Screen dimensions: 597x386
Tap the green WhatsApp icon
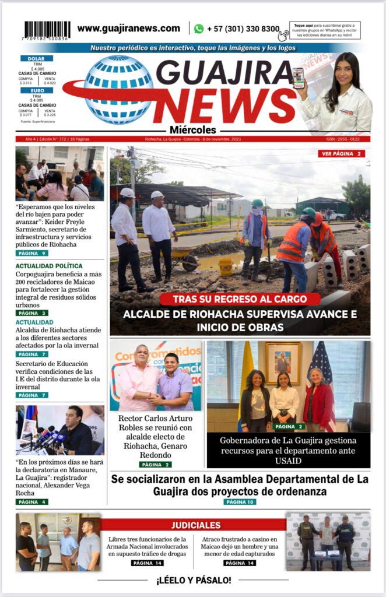(x=199, y=29)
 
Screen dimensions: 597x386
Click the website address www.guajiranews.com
(x=129, y=28)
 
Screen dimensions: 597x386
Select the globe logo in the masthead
(x=118, y=89)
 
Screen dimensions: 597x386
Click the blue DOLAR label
(x=37, y=58)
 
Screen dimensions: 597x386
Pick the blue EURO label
(x=37, y=90)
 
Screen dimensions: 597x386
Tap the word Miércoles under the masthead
(x=194, y=130)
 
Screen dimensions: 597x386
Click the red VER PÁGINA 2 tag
(x=342, y=154)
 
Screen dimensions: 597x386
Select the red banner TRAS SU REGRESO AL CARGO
(x=240, y=299)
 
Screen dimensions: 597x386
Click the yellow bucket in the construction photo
(x=226, y=266)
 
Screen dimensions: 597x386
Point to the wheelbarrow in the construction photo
(x=184, y=258)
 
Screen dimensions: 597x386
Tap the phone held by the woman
(x=299, y=78)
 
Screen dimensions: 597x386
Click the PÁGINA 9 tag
(x=31, y=253)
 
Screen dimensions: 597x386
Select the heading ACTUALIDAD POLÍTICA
(x=49, y=266)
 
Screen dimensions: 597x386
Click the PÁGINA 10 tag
(x=240, y=501)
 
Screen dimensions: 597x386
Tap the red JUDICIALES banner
(x=196, y=525)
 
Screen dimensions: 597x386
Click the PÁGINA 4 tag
(x=31, y=501)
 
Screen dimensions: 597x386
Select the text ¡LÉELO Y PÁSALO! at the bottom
(x=193, y=580)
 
